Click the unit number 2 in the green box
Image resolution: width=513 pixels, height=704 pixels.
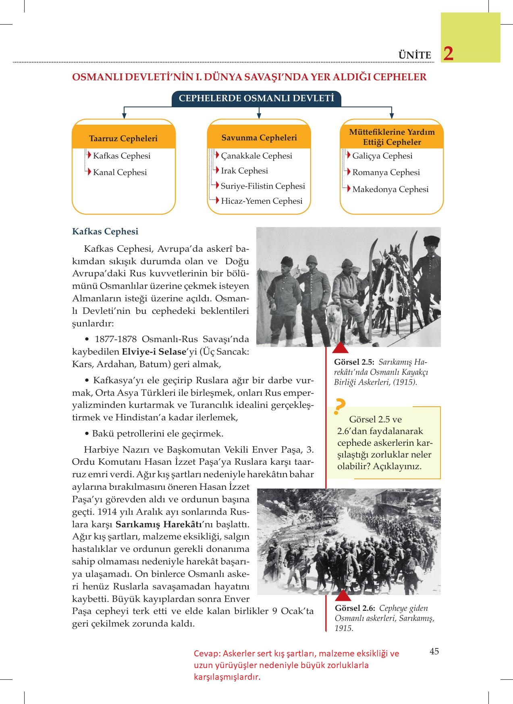click(x=448, y=54)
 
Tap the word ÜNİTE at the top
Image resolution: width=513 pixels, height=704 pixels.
click(x=415, y=55)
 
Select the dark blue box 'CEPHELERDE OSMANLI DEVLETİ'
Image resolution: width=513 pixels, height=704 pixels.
click(x=256, y=98)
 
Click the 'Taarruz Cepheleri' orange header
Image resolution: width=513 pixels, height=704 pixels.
click(x=123, y=138)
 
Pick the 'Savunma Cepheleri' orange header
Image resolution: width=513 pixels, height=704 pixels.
click(x=259, y=138)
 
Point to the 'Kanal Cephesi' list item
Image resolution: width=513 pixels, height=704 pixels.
click(x=120, y=172)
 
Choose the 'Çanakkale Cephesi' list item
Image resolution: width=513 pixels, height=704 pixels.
click(x=256, y=156)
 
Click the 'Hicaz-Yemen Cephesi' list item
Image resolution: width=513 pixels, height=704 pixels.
click(x=262, y=201)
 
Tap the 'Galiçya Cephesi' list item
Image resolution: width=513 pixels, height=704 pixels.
click(x=382, y=156)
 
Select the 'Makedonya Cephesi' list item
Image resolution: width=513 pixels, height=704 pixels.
click(x=390, y=189)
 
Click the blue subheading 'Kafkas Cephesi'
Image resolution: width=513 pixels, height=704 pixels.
click(x=105, y=232)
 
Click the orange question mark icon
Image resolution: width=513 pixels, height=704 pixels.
click(x=340, y=407)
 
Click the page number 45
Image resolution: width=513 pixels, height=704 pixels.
click(x=434, y=651)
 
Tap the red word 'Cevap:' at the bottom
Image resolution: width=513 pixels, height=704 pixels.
click(x=207, y=654)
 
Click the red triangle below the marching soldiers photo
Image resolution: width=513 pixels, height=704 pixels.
click(x=343, y=595)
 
